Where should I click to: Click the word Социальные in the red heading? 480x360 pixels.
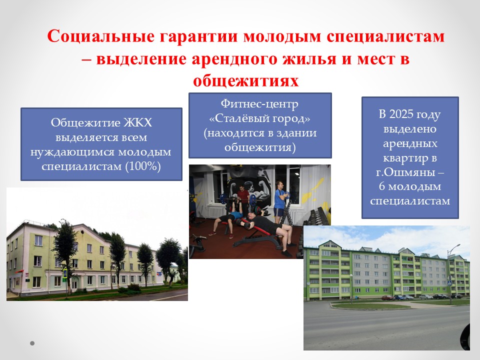coord(100,36)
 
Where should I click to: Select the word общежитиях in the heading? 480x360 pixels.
coord(246,81)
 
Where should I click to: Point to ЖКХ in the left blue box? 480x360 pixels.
coord(137,123)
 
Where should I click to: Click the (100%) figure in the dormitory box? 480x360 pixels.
coord(143,166)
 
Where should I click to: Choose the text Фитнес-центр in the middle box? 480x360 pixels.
coord(259,104)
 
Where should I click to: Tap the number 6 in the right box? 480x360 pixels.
coord(381,186)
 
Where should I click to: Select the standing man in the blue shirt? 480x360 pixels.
coord(280,202)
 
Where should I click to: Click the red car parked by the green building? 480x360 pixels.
coord(388,297)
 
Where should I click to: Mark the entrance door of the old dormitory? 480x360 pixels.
coord(75,284)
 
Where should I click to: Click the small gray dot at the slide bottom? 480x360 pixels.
coord(32,343)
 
